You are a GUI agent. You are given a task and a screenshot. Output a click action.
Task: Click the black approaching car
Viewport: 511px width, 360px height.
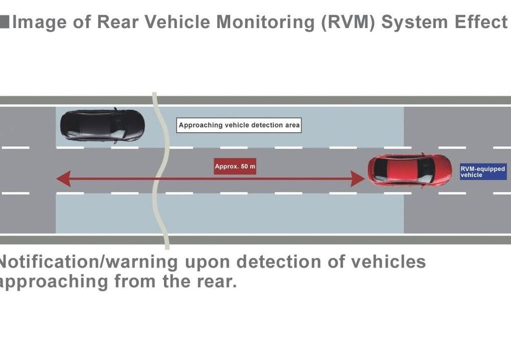tap(102, 126)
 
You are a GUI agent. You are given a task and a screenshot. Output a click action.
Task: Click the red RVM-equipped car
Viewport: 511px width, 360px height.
tap(410, 170)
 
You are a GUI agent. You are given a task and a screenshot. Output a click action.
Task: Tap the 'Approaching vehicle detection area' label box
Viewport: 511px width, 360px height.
tap(239, 125)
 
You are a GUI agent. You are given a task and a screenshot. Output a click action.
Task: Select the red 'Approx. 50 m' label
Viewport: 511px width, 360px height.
tap(235, 166)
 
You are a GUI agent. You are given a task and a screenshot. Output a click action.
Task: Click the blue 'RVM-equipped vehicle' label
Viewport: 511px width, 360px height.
tap(483, 172)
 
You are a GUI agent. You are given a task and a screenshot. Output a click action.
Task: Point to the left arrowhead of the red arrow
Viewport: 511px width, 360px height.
tap(64, 179)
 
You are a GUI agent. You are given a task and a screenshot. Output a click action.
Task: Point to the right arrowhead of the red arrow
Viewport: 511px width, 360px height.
tap(358, 179)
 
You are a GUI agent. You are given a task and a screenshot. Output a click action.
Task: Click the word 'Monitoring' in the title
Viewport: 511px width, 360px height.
tap(266, 22)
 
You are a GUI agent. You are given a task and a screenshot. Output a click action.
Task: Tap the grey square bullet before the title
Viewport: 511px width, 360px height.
tap(5, 22)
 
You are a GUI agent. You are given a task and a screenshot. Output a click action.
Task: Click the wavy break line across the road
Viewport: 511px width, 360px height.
tap(161, 171)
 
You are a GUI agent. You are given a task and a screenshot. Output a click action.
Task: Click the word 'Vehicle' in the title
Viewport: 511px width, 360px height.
tap(177, 22)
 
